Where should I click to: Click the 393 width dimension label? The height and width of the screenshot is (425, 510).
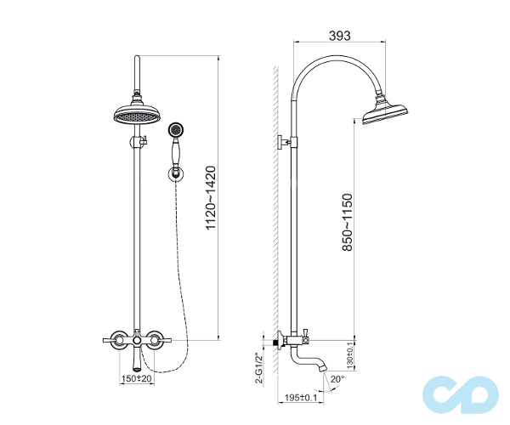click(339, 36)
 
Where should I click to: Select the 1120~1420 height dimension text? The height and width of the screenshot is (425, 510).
click(211, 198)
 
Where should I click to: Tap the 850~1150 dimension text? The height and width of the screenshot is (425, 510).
click(347, 222)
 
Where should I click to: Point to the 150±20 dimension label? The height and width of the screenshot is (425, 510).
click(136, 378)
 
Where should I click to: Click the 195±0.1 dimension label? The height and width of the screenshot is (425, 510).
click(301, 397)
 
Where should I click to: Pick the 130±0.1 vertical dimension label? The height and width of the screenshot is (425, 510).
click(350, 355)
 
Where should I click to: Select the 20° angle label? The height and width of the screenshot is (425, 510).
click(337, 379)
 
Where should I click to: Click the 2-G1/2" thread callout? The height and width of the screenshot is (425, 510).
click(259, 368)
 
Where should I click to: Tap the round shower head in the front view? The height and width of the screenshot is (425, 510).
click(137, 114)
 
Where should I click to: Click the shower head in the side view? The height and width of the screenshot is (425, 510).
click(385, 112)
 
